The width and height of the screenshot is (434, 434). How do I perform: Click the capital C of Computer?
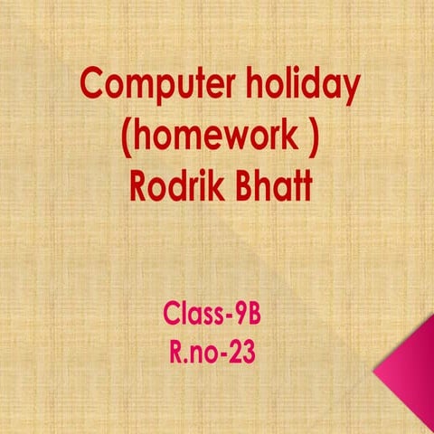coord(91,87)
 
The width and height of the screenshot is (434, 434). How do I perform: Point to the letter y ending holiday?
coord(351,90)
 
